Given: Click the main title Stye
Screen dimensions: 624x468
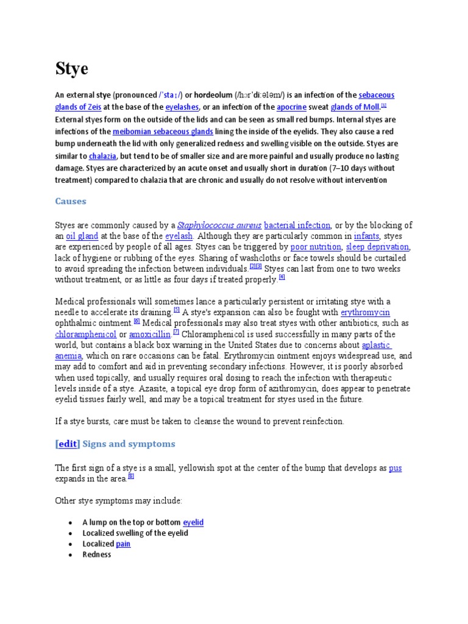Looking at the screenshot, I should [x=72, y=69].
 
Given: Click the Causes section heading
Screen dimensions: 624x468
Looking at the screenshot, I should [x=71, y=201].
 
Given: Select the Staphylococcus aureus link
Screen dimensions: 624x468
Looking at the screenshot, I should [x=218, y=225].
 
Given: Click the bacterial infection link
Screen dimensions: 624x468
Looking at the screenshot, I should [x=297, y=225].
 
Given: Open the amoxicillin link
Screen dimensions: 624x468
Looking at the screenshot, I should [x=150, y=335].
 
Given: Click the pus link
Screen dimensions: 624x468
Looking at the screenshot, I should [x=395, y=469].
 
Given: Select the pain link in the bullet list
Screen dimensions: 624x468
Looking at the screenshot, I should [x=124, y=544].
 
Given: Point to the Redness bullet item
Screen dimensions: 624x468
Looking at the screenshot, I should [x=97, y=555].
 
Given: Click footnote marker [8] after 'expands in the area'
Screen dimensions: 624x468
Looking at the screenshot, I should [x=131, y=477].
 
